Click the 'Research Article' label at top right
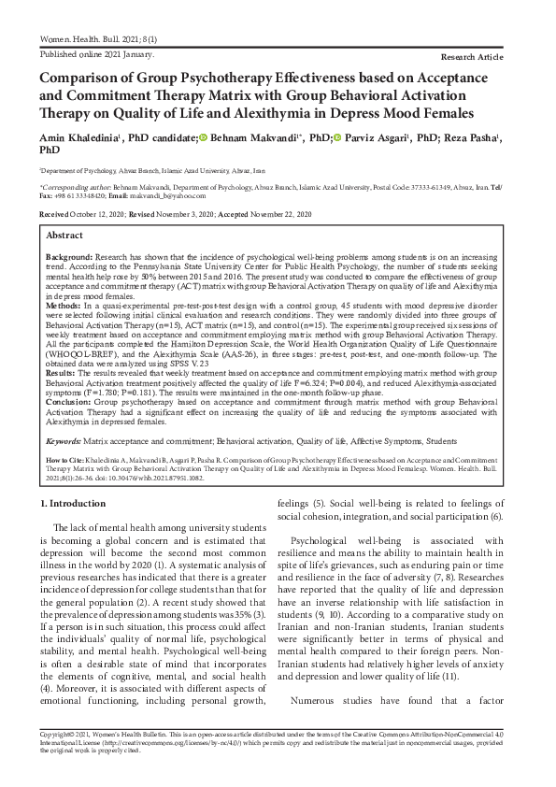[x=491, y=56]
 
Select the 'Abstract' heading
[x=64, y=236]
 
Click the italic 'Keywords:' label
[x=63, y=438]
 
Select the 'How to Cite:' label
[x=65, y=460]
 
